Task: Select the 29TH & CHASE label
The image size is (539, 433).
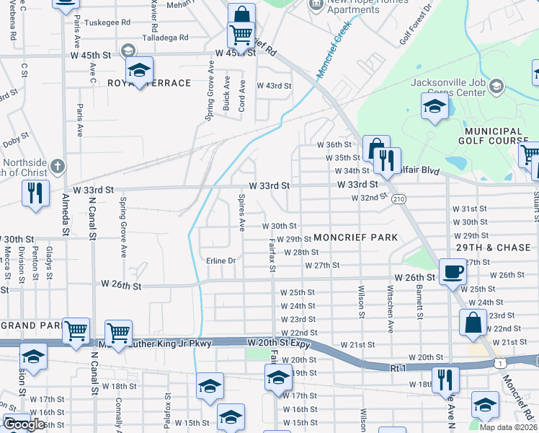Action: coord(493,248)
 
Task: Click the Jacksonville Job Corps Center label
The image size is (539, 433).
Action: coord(448,87)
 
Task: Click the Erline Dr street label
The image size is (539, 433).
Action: coord(220,261)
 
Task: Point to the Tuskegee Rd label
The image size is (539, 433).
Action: coord(107,22)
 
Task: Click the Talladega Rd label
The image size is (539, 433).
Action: coord(164,37)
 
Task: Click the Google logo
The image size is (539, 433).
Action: coord(24,424)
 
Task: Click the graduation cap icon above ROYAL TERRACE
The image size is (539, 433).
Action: coord(140,70)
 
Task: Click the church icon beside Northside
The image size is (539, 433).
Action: coord(58,167)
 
